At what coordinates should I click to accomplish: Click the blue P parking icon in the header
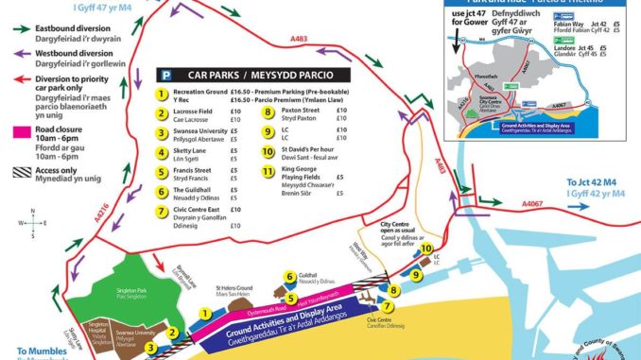pos(167,74)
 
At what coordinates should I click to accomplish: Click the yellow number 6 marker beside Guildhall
pos(290,277)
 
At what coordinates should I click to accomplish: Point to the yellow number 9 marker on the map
pos(416,275)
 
